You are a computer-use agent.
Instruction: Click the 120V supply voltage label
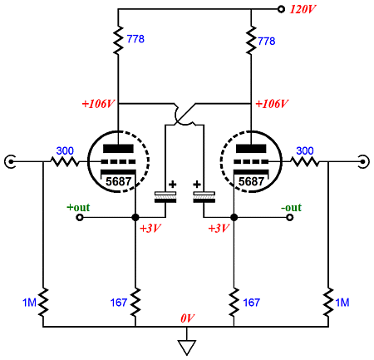coord(303,9)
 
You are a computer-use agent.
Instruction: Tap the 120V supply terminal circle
coord(281,9)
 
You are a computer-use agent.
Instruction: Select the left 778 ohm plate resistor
coord(118,40)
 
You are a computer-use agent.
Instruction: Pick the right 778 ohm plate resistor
coord(251,40)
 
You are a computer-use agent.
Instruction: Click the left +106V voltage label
coord(98,104)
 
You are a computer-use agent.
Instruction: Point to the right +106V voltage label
coord(272,104)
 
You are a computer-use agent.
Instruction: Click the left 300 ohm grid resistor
coord(65,161)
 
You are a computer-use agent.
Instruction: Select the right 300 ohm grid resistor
coord(305,161)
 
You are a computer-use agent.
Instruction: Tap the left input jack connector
coord(10,161)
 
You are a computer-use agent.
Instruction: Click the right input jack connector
coord(364,161)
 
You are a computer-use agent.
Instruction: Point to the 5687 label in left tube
coord(119,181)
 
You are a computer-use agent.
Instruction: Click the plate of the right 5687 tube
coord(251,149)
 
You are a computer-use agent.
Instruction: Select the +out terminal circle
coord(80,218)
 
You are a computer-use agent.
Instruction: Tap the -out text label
coord(291,208)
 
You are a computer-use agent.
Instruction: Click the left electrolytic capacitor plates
coord(165,197)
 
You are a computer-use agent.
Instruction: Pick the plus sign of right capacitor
coord(197,185)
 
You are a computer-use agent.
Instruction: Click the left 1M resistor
coord(43,303)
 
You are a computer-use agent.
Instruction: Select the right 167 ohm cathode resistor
coord(234,303)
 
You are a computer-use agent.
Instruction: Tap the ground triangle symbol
coord(187,348)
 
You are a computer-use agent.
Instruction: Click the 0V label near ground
coord(188,318)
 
